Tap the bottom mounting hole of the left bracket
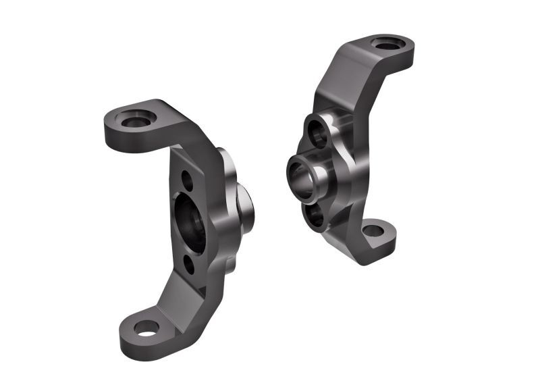[x=146, y=328]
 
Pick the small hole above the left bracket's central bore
[x=187, y=180]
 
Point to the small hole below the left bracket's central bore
[x=189, y=265]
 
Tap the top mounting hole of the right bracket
[x=388, y=45]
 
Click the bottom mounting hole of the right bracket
[x=373, y=231]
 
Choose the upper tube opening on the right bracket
[x=315, y=132]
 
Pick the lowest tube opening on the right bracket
[x=314, y=215]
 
